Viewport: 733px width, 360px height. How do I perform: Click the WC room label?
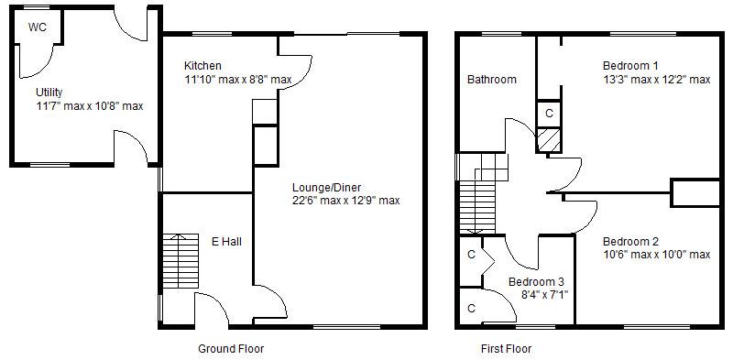37,27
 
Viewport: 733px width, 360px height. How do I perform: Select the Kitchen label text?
202,66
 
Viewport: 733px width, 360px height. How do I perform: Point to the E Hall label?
226,242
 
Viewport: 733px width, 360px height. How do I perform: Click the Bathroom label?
492,80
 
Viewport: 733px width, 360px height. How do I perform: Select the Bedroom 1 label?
630,66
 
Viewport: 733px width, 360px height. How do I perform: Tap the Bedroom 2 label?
630,241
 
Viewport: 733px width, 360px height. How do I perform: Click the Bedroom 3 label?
536,281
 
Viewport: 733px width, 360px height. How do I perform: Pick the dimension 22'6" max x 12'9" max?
345,200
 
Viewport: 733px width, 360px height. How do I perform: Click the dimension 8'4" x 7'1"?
545,294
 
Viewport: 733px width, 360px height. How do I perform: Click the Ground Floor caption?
231,349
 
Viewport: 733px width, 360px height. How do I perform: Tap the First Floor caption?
506,349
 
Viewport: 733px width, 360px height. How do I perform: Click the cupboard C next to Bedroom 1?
549,113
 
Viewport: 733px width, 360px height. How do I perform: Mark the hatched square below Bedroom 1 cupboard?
549,140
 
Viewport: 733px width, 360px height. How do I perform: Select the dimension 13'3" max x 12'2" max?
656,80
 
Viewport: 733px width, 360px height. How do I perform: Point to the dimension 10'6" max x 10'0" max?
656,255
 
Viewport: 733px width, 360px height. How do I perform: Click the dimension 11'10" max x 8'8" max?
237,80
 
